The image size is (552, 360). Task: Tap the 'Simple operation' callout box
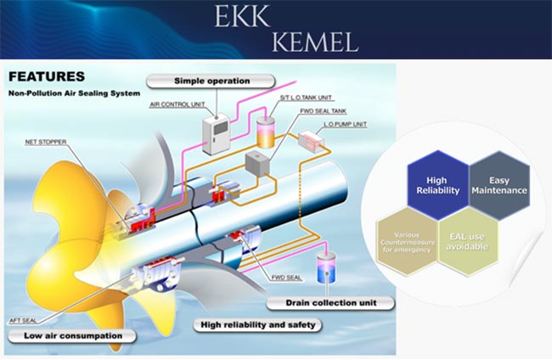(211, 82)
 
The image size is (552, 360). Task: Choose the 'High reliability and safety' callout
(257, 323)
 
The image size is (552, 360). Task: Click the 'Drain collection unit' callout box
(330, 302)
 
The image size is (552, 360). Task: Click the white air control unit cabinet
(217, 132)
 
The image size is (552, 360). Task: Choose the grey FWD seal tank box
(256, 162)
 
